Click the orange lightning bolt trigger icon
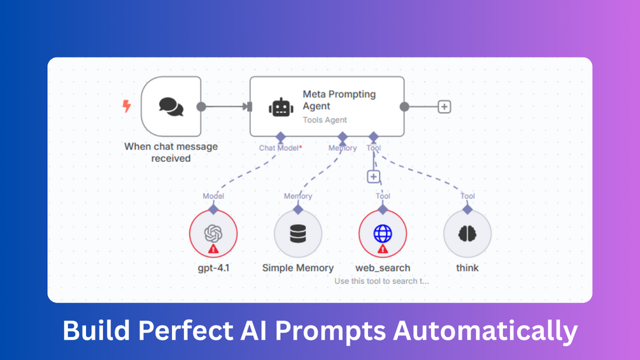[x=126, y=106]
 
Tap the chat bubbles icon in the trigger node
[x=171, y=106]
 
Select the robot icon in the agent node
[x=281, y=107]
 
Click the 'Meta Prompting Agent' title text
[x=339, y=100]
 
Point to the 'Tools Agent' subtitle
[x=324, y=120]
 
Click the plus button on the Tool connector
[x=374, y=176]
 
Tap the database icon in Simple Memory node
[x=297, y=234]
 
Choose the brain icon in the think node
[x=467, y=234]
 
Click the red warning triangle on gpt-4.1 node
[x=213, y=249]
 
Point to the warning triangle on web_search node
[x=383, y=249]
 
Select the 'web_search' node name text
[x=382, y=268]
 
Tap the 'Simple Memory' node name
[x=297, y=268]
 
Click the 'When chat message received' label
[x=171, y=152]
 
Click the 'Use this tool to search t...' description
[x=381, y=281]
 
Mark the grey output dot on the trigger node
[x=201, y=107]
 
